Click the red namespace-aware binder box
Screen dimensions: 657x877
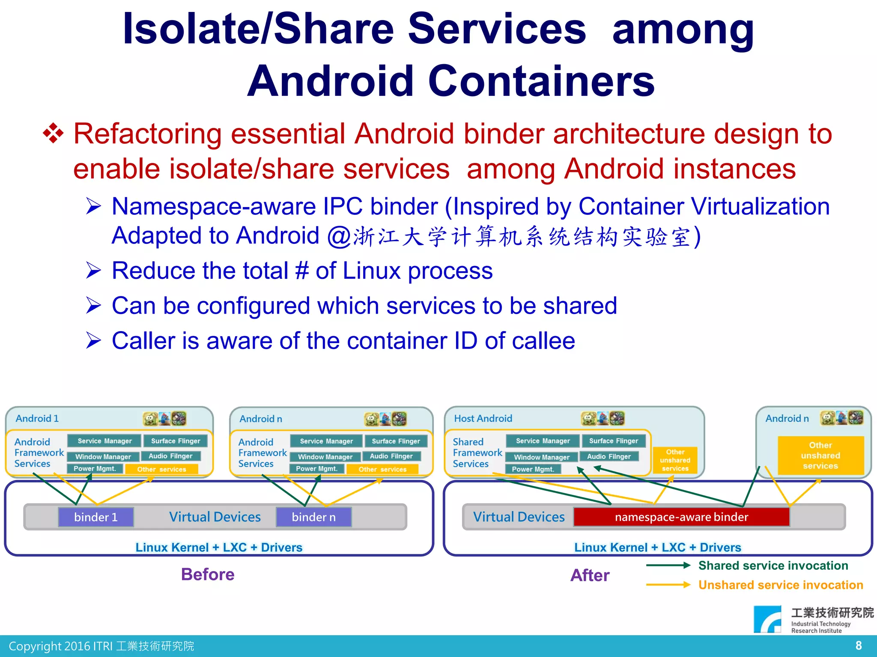pyautogui.click(x=681, y=517)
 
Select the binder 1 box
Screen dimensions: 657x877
pyautogui.click(x=96, y=517)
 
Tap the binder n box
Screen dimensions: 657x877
pyautogui.click(x=313, y=517)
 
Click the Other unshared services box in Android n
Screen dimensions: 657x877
pyautogui.click(x=820, y=456)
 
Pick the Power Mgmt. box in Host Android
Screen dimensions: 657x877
pyautogui.click(x=533, y=469)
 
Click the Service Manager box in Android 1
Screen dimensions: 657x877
pyautogui.click(x=104, y=441)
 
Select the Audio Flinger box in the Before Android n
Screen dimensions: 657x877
pyautogui.click(x=391, y=456)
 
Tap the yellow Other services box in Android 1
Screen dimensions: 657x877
pyautogui.click(x=161, y=469)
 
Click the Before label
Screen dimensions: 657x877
pyautogui.click(x=208, y=574)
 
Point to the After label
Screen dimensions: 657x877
pyautogui.click(x=590, y=575)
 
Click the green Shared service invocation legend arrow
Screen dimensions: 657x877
pyautogui.click(x=668, y=565)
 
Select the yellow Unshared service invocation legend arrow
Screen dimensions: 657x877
pyautogui.click(x=668, y=585)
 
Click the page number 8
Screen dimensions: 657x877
pyautogui.click(x=858, y=645)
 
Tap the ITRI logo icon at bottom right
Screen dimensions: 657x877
pyautogui.click(x=767, y=619)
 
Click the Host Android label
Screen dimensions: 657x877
pyautogui.click(x=483, y=418)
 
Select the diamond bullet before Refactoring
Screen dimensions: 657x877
pyautogui.click(x=53, y=133)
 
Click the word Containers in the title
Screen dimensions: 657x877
pyautogui.click(x=541, y=81)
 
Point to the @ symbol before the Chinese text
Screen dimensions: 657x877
pyautogui.click(x=339, y=236)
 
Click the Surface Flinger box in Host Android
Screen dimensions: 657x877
pyautogui.click(x=613, y=441)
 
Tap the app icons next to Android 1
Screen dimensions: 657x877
pyautogui.click(x=164, y=418)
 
